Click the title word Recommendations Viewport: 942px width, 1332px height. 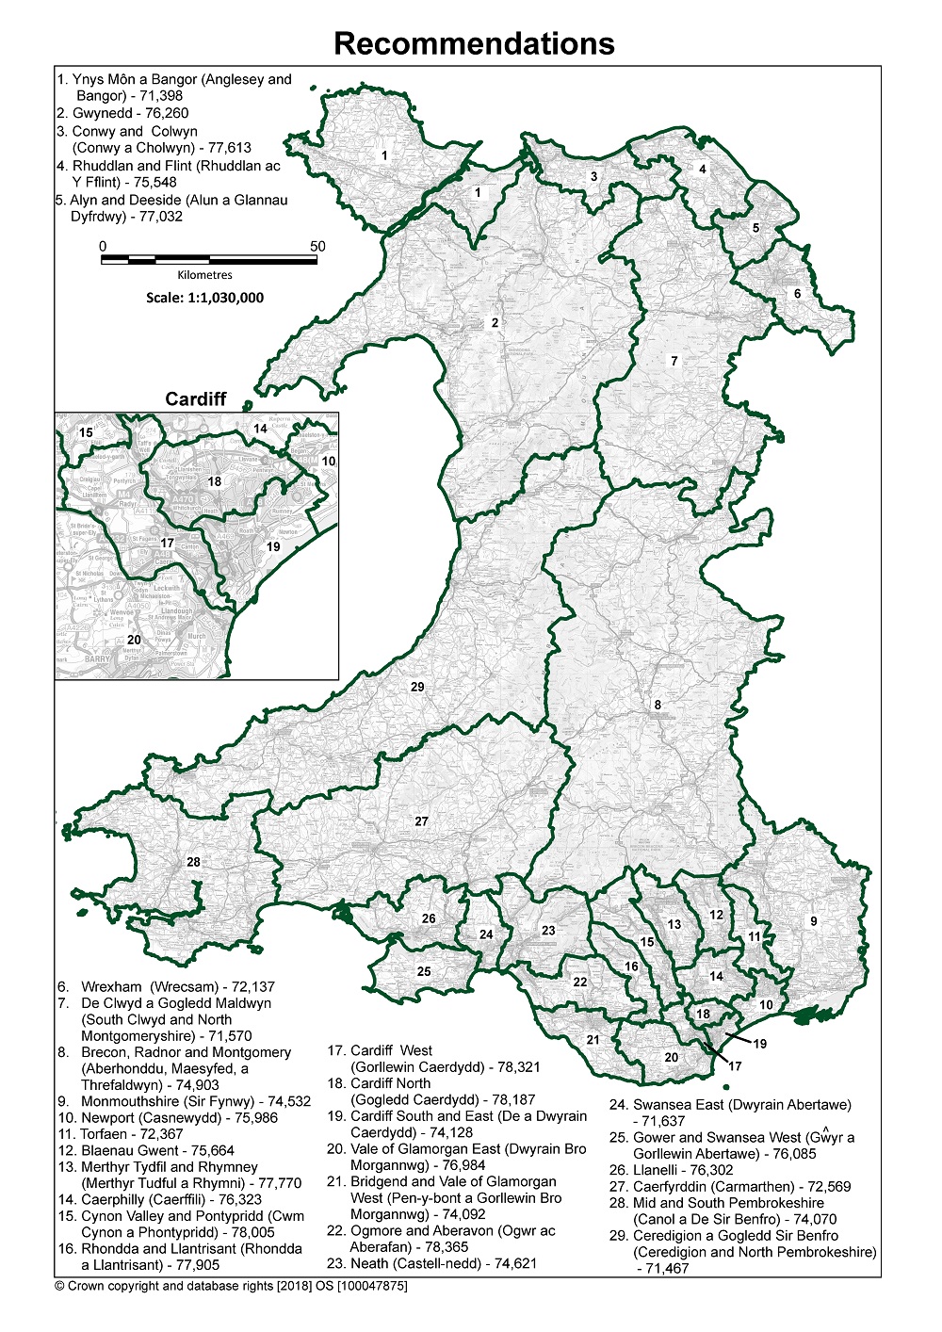point(474,43)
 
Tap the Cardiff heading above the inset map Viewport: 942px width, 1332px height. point(196,398)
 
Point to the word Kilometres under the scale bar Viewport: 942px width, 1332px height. point(204,275)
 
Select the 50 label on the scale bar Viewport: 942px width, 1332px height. point(317,247)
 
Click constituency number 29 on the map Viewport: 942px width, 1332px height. point(417,688)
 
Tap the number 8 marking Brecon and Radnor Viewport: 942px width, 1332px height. point(658,705)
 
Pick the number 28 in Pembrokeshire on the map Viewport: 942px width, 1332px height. point(193,862)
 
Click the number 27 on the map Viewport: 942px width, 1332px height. point(421,821)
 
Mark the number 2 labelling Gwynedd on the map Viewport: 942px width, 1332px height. point(495,323)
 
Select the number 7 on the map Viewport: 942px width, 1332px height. point(674,361)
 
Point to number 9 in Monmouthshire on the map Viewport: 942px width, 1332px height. point(814,921)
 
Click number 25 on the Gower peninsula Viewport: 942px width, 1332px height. point(424,971)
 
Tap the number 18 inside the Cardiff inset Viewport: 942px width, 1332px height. point(215,481)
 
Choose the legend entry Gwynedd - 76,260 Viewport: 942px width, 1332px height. point(122,113)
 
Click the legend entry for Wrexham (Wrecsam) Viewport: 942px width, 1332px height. point(167,987)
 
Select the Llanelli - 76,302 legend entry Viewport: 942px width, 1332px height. point(671,1170)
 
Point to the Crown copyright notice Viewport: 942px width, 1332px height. point(231,1286)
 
